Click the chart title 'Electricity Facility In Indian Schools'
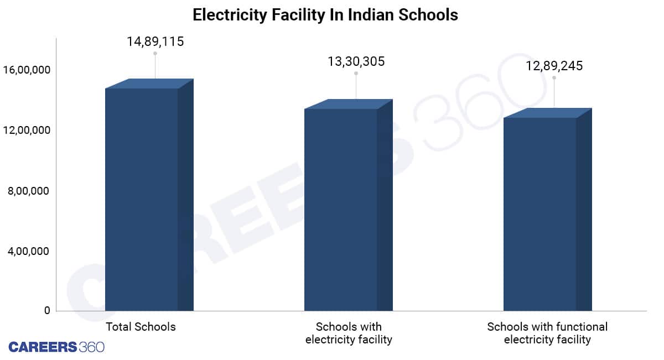(325, 15)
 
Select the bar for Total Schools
(142, 199)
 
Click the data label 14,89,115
(155, 41)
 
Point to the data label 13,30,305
(356, 61)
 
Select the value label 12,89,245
(554, 66)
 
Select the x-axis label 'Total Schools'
(141, 327)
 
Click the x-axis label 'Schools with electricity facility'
(349, 333)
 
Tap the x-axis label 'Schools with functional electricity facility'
(547, 333)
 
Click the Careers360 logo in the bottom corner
(56, 347)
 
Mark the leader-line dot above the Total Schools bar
(155, 54)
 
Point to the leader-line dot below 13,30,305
(356, 73)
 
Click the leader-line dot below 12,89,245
(554, 77)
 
